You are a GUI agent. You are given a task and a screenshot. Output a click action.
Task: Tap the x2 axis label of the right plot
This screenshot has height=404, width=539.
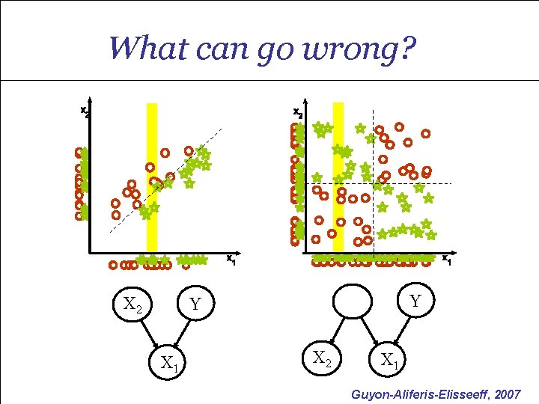(297, 113)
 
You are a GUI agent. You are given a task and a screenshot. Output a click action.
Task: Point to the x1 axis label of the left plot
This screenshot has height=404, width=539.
(231, 260)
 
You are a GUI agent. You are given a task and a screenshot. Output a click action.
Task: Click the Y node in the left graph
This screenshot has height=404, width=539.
(195, 304)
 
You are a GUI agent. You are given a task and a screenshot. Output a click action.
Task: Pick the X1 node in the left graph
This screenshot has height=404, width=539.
(170, 364)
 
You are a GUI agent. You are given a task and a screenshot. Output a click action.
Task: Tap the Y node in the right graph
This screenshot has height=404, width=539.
(414, 300)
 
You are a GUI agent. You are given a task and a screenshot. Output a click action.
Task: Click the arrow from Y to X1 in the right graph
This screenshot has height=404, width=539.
(401, 331)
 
